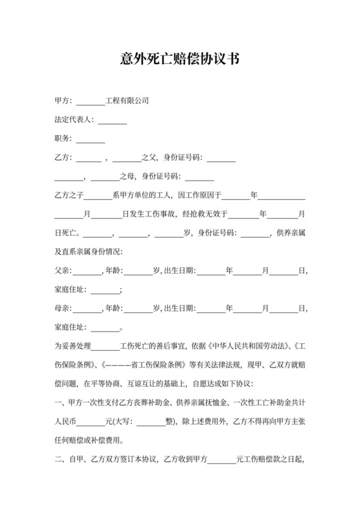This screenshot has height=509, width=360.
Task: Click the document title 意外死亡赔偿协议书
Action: [180, 59]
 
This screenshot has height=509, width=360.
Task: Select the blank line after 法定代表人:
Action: [113, 120]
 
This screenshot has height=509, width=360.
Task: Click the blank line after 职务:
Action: [91, 138]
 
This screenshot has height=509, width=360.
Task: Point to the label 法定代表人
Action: [73, 120]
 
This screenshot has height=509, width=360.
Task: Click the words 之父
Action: [150, 157]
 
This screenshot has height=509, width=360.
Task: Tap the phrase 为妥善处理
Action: [73, 345]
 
